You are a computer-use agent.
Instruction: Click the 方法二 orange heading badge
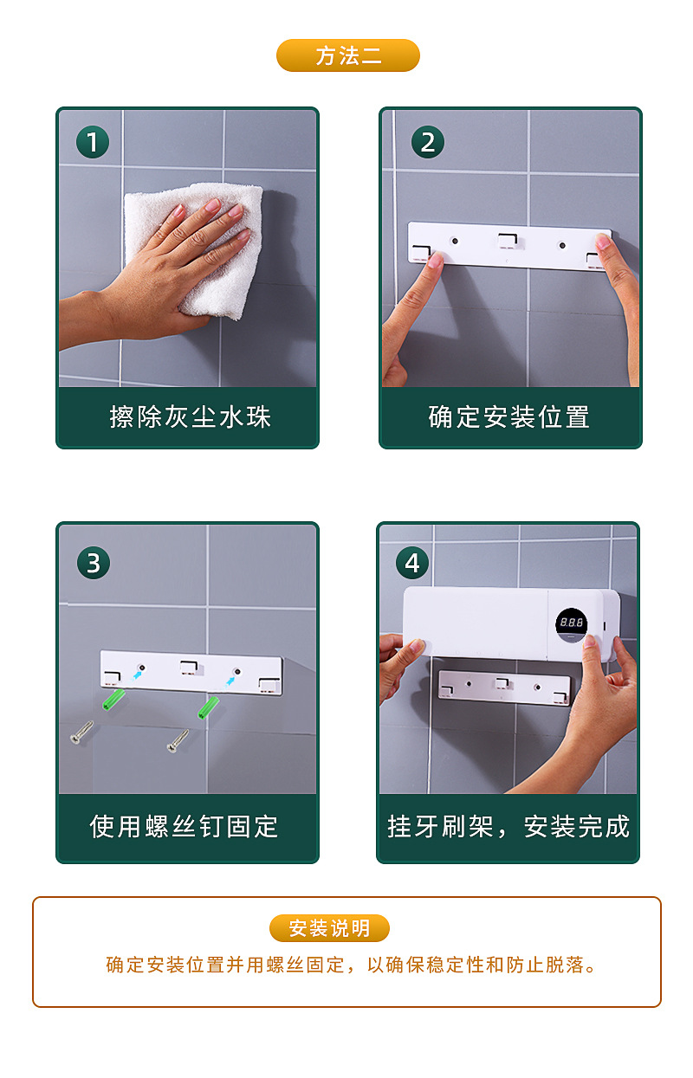click(x=347, y=55)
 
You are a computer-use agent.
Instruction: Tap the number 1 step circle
click(x=93, y=141)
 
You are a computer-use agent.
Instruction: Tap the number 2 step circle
click(x=427, y=141)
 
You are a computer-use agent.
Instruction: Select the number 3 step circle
click(x=93, y=563)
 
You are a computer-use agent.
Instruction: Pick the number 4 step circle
click(x=412, y=563)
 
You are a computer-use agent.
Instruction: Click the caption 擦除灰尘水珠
click(x=190, y=417)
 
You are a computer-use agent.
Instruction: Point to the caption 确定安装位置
click(x=509, y=417)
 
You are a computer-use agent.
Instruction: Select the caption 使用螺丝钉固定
click(x=184, y=826)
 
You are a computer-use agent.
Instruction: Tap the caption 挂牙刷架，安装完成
click(x=508, y=826)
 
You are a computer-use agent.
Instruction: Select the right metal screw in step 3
click(x=178, y=740)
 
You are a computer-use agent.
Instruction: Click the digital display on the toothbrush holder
click(x=571, y=623)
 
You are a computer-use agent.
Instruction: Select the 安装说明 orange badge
click(x=329, y=928)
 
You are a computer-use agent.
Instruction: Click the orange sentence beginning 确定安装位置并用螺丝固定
click(x=353, y=965)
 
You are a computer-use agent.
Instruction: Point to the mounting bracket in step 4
click(x=503, y=687)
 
